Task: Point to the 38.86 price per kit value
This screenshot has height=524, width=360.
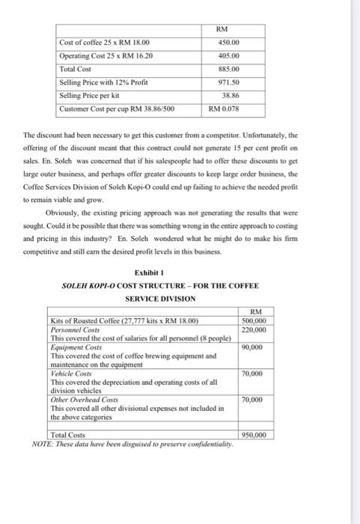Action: (232, 96)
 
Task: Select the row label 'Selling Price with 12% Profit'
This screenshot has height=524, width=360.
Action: (103, 82)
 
